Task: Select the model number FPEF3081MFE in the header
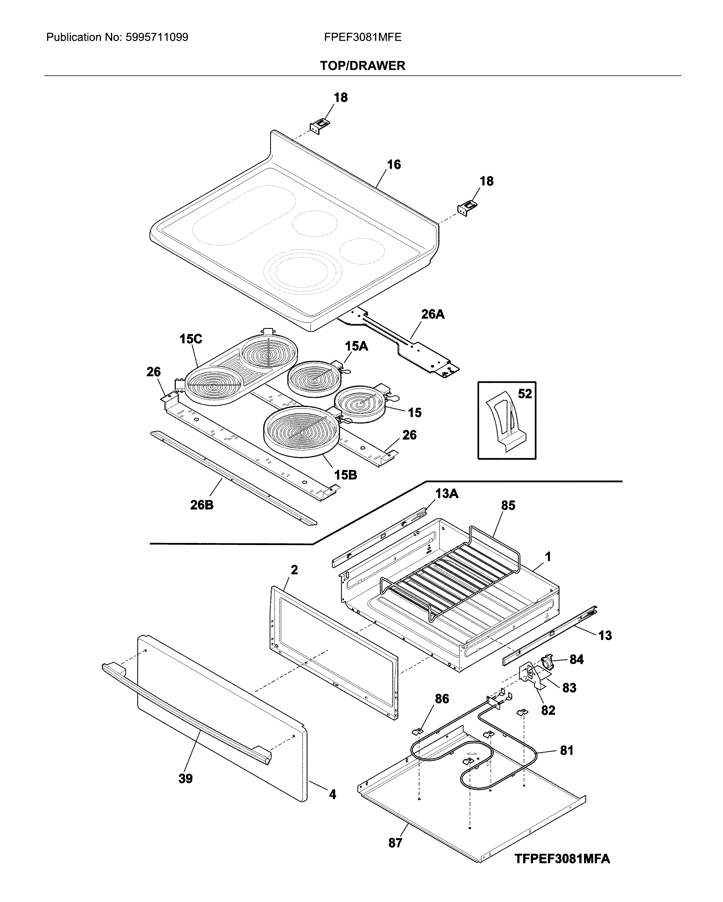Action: coord(362,38)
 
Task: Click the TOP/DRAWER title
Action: coord(362,66)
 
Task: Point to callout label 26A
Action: coord(432,314)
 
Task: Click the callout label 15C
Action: coord(191,339)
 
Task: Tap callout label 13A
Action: coord(447,494)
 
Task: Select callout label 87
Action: coord(395,843)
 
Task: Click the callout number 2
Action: coord(294,570)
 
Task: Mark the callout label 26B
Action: coord(202,505)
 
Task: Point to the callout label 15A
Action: coord(356,346)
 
